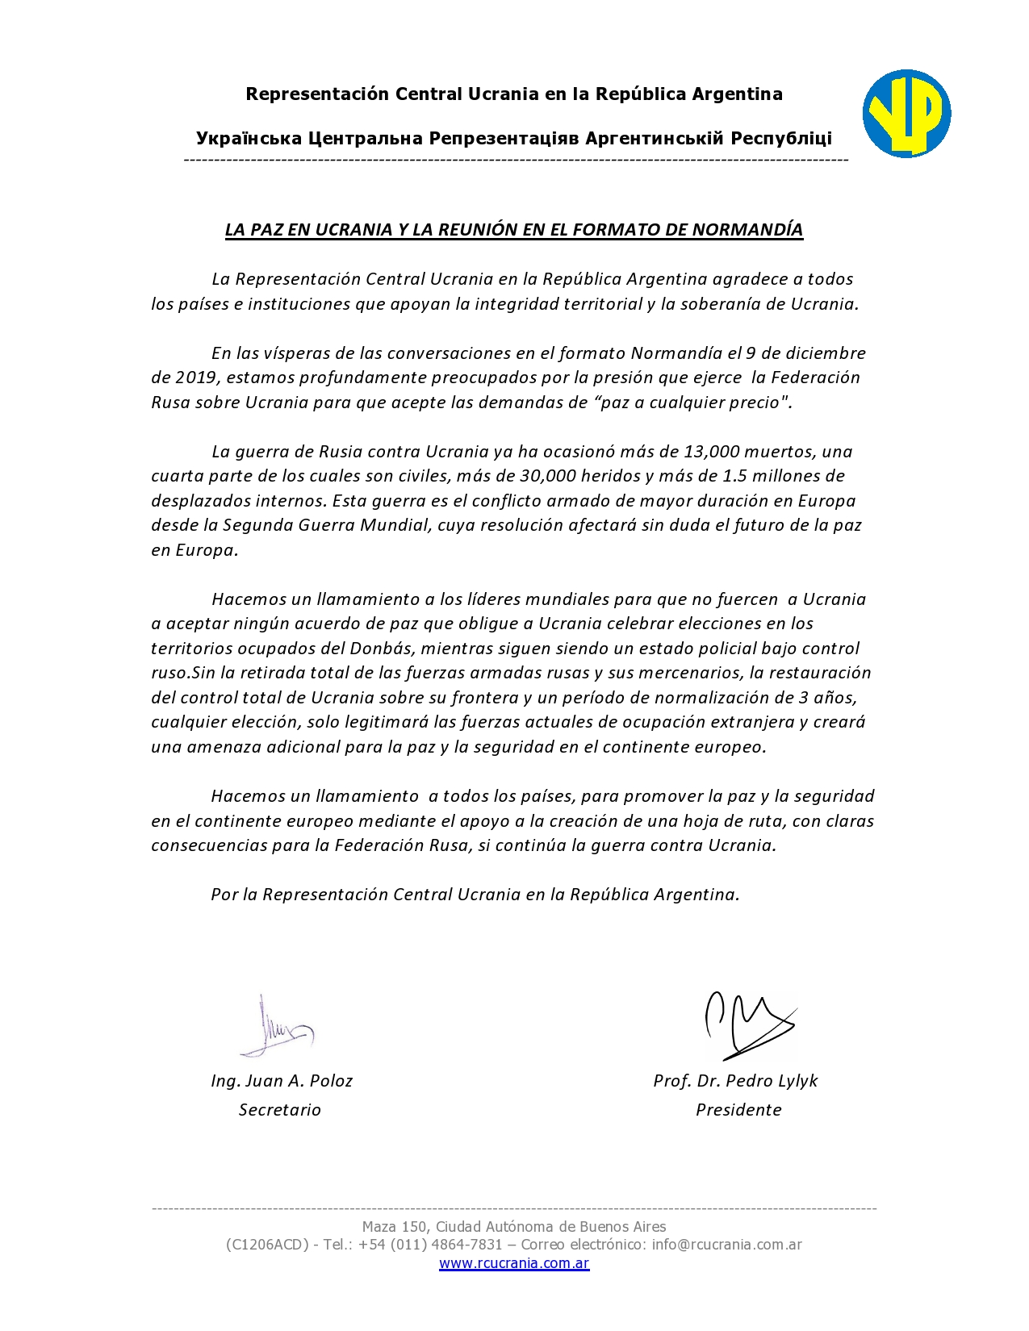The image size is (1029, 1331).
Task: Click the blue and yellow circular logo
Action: coord(906,114)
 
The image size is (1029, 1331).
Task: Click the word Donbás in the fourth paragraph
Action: coord(380,649)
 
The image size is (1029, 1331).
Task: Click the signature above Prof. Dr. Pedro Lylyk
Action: coord(747,1024)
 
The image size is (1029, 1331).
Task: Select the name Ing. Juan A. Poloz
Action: coord(282,1081)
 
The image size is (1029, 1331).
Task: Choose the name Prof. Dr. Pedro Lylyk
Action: coord(735,1081)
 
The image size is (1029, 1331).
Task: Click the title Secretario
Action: coord(280,1110)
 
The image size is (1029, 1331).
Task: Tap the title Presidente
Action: coord(738,1110)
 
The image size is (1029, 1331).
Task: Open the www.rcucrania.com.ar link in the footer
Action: coord(514,1263)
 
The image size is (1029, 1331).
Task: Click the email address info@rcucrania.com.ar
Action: coord(726,1245)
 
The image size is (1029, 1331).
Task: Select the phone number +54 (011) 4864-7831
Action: coord(430,1245)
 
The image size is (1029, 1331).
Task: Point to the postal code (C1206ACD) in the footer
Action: coord(267,1245)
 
